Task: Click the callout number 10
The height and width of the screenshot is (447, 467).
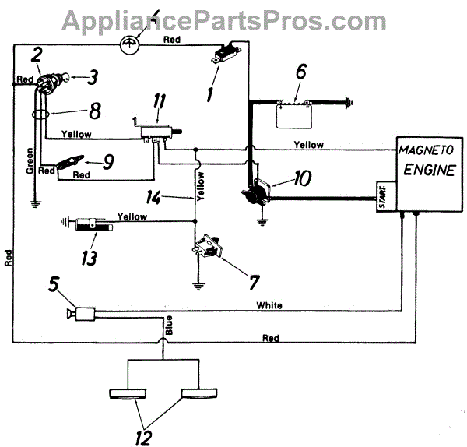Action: click(304, 178)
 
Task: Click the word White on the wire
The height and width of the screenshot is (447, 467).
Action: click(269, 306)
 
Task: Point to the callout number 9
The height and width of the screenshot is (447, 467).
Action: click(108, 161)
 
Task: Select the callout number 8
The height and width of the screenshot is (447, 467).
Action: click(94, 112)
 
